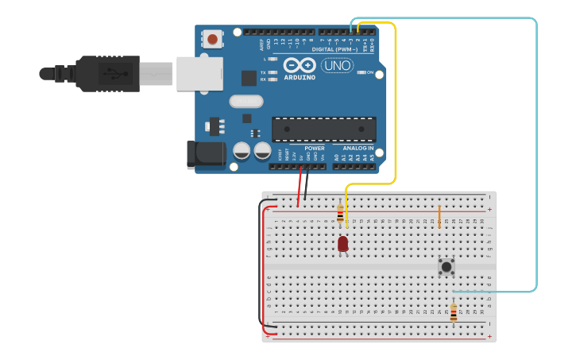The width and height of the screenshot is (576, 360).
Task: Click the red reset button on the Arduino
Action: click(213, 39)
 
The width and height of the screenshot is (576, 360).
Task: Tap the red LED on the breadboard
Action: click(342, 244)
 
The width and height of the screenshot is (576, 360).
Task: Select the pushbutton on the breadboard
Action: click(446, 267)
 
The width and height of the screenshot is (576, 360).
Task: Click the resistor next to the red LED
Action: click(340, 213)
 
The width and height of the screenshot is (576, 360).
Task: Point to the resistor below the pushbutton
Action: click(454, 313)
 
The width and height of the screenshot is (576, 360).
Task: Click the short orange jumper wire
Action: click(439, 215)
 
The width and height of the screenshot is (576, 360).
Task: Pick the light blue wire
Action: click(536, 159)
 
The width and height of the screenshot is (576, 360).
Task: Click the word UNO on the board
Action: click(337, 65)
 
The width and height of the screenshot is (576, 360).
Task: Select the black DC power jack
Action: click(204, 155)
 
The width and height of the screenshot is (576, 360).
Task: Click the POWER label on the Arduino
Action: click(314, 149)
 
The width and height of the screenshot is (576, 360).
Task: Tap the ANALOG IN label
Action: click(358, 149)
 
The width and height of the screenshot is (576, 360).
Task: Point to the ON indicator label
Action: click(369, 72)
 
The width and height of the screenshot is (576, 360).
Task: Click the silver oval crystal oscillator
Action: click(245, 102)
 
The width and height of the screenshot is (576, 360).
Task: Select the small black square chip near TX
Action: click(248, 78)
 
